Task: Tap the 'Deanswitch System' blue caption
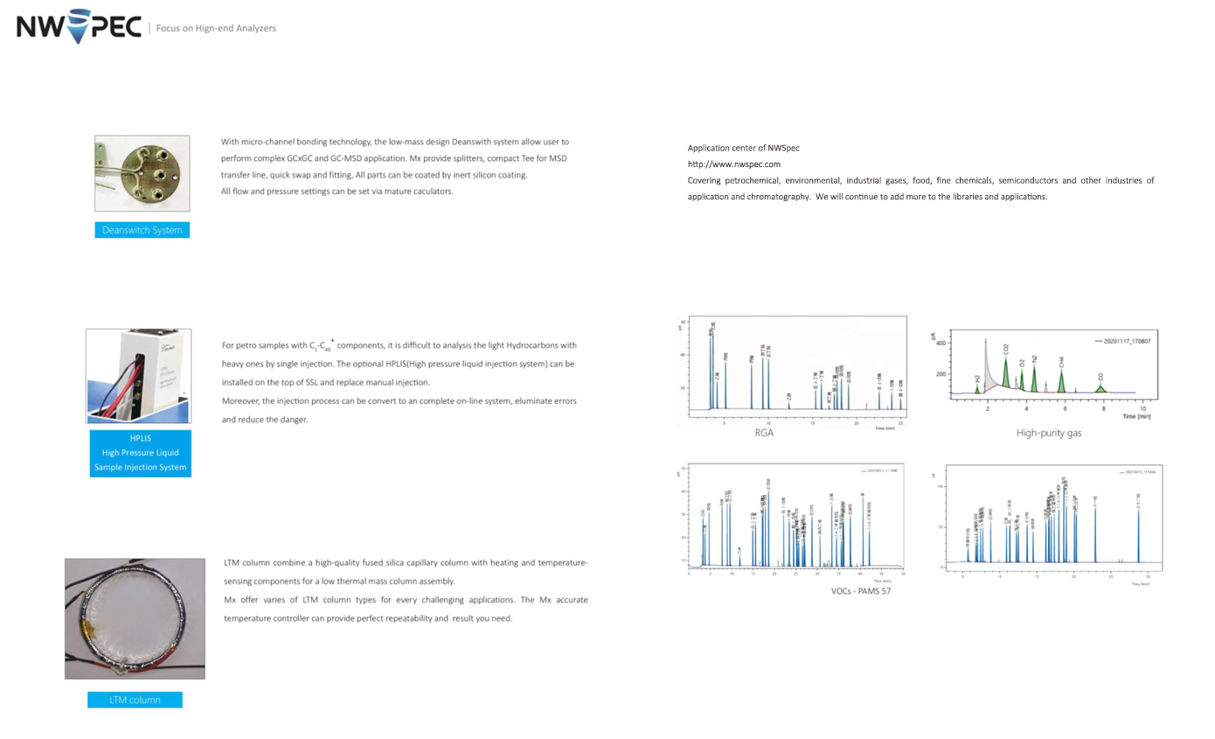pos(142,230)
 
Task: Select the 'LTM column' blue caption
pos(135,700)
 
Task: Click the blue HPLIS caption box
pos(140,452)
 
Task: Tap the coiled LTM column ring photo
pos(135,617)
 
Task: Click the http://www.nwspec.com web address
pos(733,164)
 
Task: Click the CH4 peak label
pos(1061,361)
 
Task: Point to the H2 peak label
pos(977,379)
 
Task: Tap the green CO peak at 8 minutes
pos(1100,387)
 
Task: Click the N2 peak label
pos(1034,358)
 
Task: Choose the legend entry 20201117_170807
pos(1127,341)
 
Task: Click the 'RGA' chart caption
pos(764,432)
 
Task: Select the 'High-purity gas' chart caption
pos(1049,432)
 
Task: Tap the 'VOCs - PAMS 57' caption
pos(860,591)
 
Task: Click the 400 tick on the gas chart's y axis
pos(941,344)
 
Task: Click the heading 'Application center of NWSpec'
pos(743,149)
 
